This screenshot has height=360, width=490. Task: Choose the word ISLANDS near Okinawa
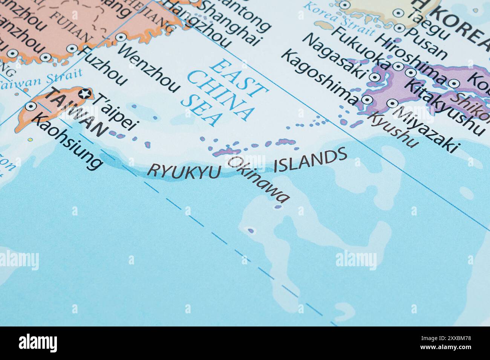310,160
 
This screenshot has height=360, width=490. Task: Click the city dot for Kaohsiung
30,106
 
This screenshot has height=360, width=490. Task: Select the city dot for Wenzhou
120,37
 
